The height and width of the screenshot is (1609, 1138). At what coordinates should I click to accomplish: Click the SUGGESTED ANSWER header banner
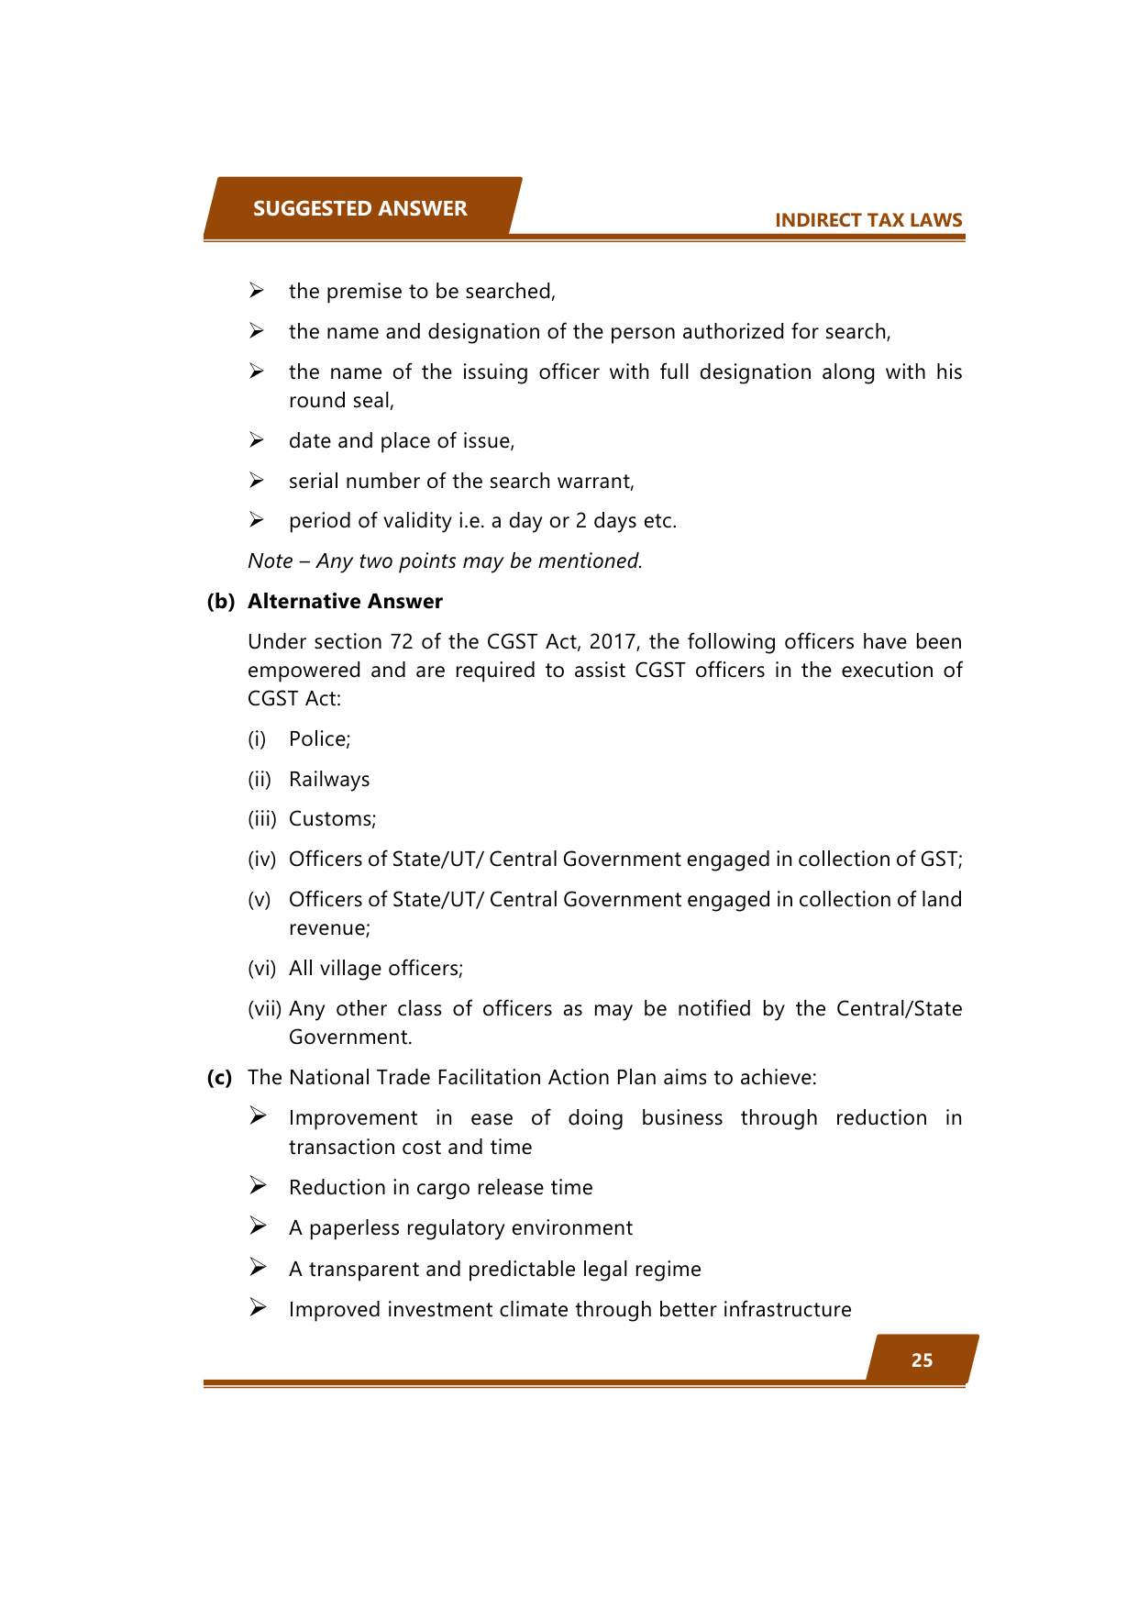[359, 208]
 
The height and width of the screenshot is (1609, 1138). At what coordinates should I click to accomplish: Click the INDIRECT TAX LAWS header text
[867, 220]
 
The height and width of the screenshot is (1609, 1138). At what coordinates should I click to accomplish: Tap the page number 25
[922, 1360]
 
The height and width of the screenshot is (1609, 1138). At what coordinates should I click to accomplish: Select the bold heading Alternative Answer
[345, 601]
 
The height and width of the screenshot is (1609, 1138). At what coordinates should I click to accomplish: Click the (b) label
[220, 601]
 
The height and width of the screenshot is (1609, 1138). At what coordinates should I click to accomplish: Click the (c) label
[219, 1077]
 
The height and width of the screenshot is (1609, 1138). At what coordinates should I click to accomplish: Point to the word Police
[318, 739]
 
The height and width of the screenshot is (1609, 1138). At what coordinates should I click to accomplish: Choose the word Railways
[329, 780]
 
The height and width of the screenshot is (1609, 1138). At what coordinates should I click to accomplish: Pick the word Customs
[331, 819]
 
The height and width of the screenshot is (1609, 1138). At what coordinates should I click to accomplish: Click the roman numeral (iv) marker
[261, 860]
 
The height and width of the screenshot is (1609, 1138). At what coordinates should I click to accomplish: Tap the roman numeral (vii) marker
[264, 1009]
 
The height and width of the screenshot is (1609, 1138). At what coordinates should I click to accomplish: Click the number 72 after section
[402, 642]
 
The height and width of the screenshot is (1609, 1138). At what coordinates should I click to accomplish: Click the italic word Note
[270, 560]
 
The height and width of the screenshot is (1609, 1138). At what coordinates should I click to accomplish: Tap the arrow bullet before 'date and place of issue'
[257, 440]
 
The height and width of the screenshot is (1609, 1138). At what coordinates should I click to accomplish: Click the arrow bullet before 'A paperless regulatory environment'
[258, 1226]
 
